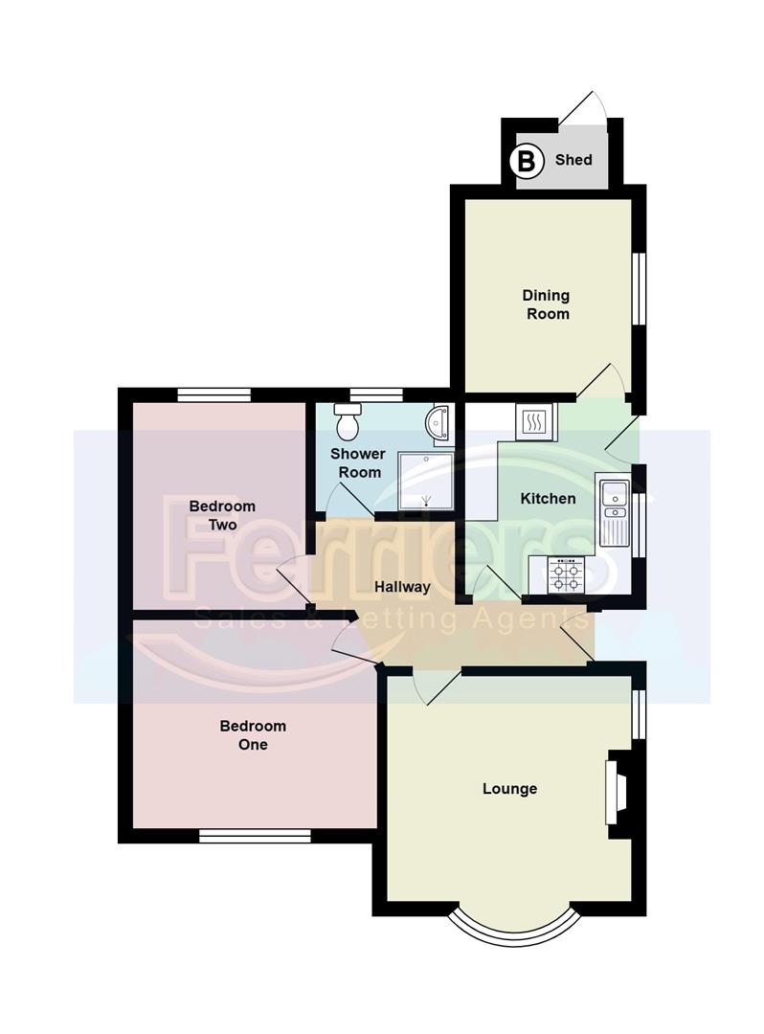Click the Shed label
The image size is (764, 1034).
point(573,160)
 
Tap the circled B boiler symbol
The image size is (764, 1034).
point(526,160)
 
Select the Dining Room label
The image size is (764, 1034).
point(546,304)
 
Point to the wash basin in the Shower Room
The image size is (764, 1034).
point(441,423)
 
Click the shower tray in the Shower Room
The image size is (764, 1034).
point(425,482)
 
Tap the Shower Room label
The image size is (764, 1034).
point(357,462)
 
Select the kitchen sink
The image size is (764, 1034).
point(611,509)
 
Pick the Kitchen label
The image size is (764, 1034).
point(548,499)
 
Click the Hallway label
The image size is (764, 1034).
point(402,587)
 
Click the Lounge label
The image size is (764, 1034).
point(509,789)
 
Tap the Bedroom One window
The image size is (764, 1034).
point(256,836)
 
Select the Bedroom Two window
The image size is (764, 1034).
point(213,393)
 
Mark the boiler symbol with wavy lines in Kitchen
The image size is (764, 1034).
point(534,420)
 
